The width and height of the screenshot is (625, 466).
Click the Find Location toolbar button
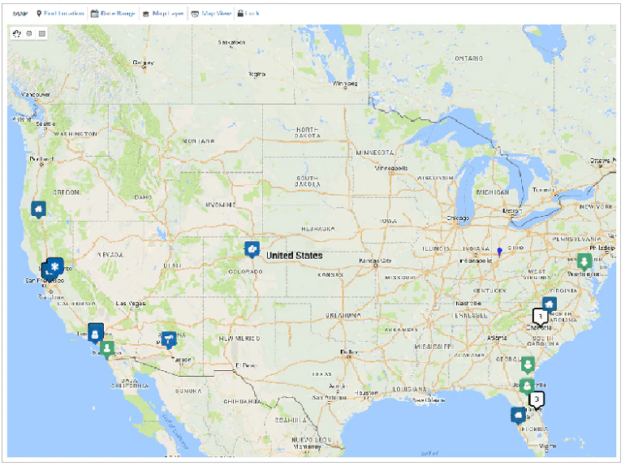pyautogui.click(x=61, y=14)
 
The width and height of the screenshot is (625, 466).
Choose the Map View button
pyautogui.click(x=210, y=14)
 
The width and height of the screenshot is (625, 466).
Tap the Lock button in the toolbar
pyautogui.click(x=248, y=14)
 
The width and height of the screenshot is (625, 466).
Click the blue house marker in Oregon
pyautogui.click(x=37, y=209)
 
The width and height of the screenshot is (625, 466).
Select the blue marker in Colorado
pyautogui.click(x=252, y=248)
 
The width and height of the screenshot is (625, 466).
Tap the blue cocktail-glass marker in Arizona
pyautogui.click(x=169, y=338)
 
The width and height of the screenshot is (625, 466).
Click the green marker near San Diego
pyautogui.click(x=107, y=347)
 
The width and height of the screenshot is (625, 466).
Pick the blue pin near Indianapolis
pyautogui.click(x=499, y=252)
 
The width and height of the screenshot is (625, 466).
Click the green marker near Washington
pyautogui.click(x=584, y=261)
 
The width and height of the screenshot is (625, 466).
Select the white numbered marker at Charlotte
pyautogui.click(x=540, y=315)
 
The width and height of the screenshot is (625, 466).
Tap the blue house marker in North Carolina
pyautogui.click(x=550, y=304)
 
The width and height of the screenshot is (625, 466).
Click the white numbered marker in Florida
pyautogui.click(x=537, y=399)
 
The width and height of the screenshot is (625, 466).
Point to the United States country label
pyautogui.click(x=295, y=256)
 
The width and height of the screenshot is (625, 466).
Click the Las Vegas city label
pyautogui.click(x=125, y=304)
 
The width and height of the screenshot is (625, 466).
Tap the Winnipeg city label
pyautogui.click(x=345, y=84)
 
